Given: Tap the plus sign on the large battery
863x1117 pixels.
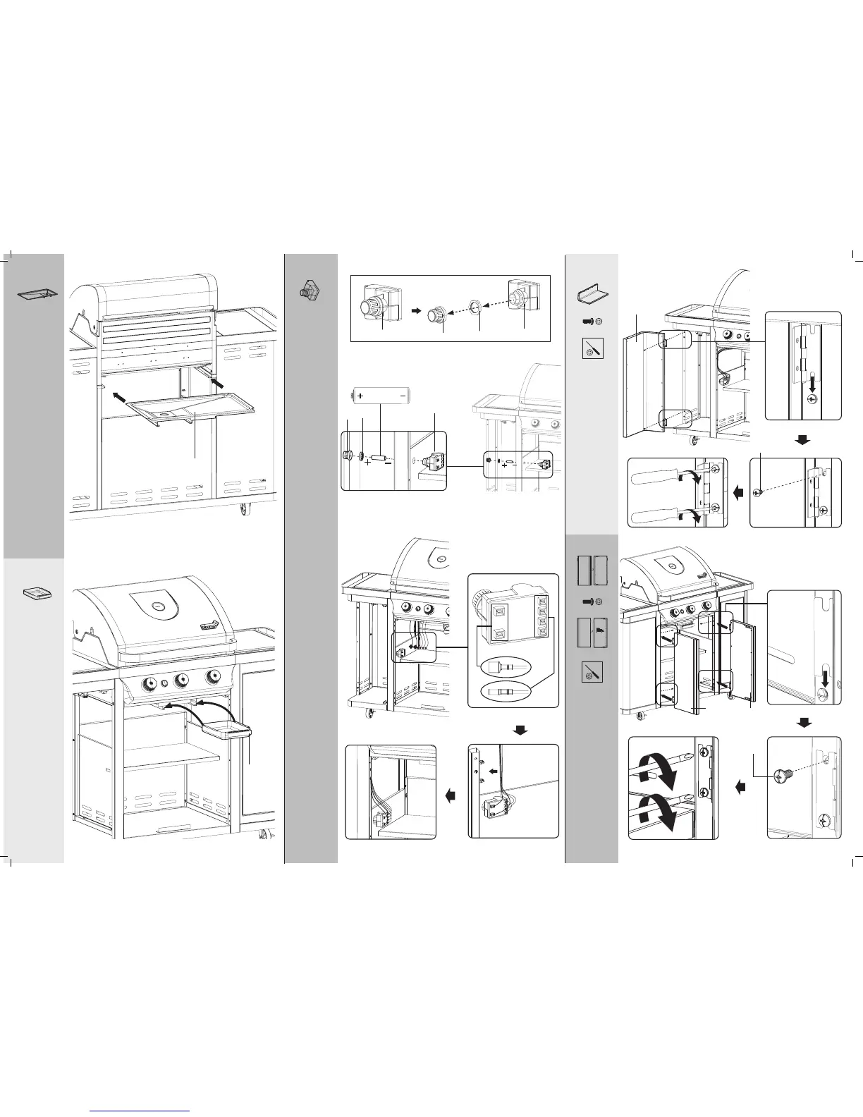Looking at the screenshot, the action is tap(360, 396).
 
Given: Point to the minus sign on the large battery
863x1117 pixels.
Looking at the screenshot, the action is tap(402, 396).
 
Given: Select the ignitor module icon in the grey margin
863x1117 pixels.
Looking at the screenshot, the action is tap(309, 290).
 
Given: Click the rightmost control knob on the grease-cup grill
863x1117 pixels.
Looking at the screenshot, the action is tap(212, 678).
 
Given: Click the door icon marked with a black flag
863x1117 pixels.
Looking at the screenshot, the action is tap(598, 633).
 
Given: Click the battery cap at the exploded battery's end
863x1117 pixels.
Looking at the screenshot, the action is tap(347, 456).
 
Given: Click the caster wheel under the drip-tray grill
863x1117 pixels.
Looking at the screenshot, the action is tap(245, 509).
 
